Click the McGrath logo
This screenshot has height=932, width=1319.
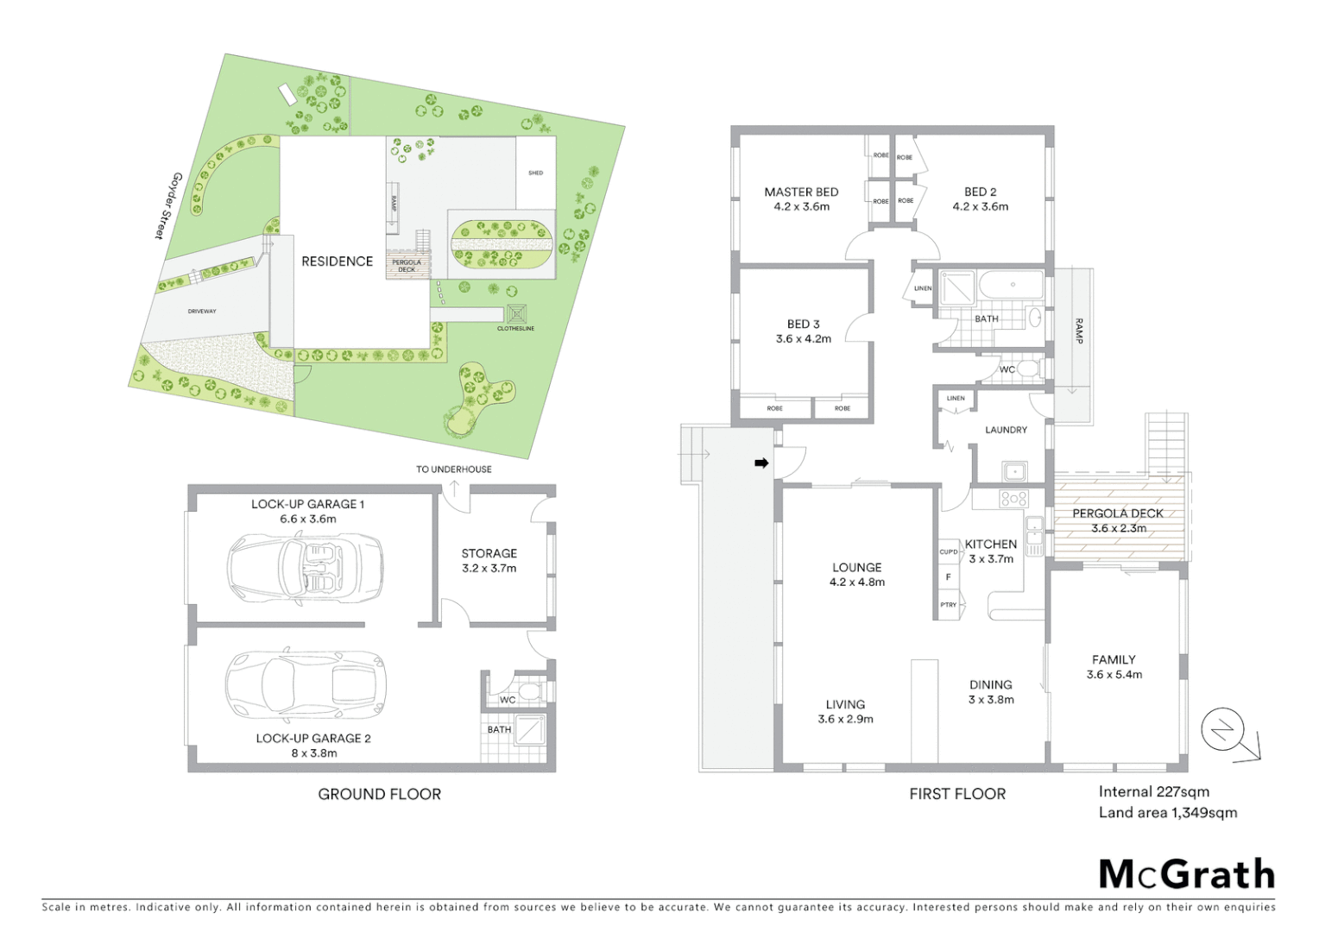coord(1187,874)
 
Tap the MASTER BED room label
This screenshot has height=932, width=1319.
coord(801,192)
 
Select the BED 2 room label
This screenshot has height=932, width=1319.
coord(980,192)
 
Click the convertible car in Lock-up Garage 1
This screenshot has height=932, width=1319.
coord(305,567)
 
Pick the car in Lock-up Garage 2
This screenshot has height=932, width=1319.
coord(306,685)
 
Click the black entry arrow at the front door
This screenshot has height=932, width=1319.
coord(761,463)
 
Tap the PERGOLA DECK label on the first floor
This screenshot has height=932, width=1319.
coord(1118,513)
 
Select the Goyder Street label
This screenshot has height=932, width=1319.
coord(166,205)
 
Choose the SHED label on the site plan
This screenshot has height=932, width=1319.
coord(535,173)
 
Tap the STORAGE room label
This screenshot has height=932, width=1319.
coord(489,553)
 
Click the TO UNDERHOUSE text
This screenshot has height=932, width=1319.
coord(453,469)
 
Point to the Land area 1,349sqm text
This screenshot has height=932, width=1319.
coord(1167,813)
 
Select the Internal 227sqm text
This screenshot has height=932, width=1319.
coord(1153,791)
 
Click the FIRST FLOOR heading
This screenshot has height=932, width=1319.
coord(957,794)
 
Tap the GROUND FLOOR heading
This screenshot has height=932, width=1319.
coord(379,794)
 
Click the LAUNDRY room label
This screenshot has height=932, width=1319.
coord(1006,430)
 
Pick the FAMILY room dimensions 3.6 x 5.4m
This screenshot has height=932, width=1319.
coord(1114,675)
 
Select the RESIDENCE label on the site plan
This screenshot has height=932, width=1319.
coord(337,261)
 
